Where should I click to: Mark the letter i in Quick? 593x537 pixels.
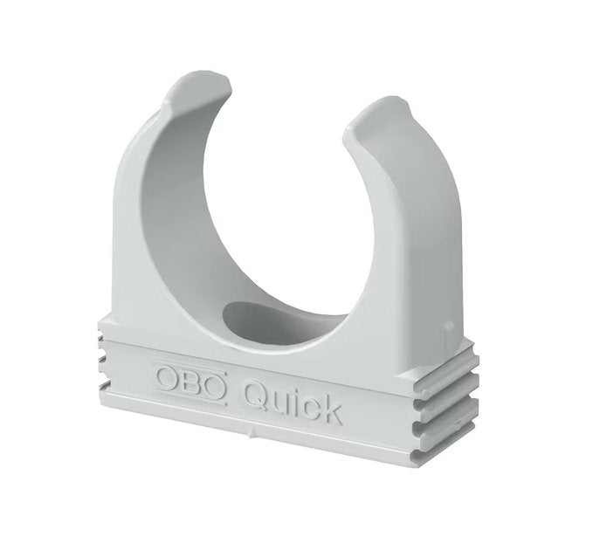click(x=294, y=397)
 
